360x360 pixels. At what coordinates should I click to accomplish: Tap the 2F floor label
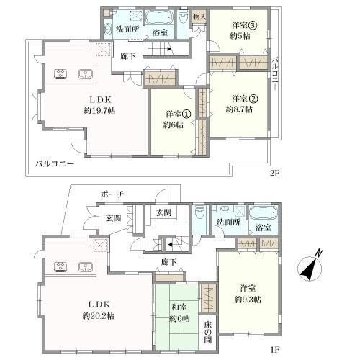click(x=275, y=173)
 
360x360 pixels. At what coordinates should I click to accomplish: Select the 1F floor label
click(x=275, y=350)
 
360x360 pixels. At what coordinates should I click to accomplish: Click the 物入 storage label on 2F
click(x=199, y=17)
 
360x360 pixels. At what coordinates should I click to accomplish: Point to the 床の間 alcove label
click(x=208, y=333)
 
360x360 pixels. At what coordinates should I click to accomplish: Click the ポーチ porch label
click(x=112, y=194)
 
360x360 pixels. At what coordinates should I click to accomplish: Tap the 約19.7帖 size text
click(x=99, y=111)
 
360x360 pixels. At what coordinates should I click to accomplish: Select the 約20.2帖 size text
click(x=99, y=316)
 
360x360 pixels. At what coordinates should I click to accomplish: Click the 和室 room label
click(x=179, y=307)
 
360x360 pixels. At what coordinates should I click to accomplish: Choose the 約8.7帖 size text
click(x=239, y=109)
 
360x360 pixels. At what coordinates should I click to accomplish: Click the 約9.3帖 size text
click(x=248, y=300)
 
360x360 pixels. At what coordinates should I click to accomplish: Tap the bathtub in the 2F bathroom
click(x=160, y=18)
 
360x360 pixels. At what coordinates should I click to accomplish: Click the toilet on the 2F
click(x=183, y=17)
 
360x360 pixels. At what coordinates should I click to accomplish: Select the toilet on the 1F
click(x=199, y=212)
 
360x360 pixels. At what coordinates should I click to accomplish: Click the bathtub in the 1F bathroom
click(x=264, y=212)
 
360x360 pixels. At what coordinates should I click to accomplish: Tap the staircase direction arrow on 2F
click(x=169, y=49)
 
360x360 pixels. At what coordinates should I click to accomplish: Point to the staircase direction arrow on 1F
click(x=170, y=245)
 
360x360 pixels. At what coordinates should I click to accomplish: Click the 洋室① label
click(x=179, y=114)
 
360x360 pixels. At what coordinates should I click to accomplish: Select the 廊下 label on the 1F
click(x=168, y=262)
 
